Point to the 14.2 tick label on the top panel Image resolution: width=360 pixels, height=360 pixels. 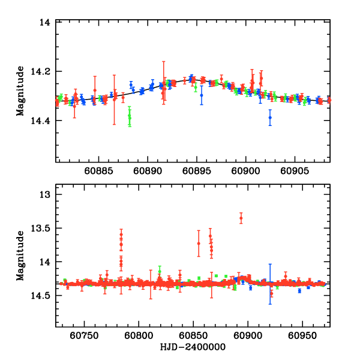[40, 72]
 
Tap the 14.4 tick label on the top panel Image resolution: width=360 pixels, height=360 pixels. [40, 121]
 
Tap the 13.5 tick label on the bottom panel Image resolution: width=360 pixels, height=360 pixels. [40, 229]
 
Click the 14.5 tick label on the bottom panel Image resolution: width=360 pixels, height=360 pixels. [40, 296]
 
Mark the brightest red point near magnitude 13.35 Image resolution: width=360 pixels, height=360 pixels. [241, 218]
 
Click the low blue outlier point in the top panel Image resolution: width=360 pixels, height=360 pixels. [270, 118]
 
